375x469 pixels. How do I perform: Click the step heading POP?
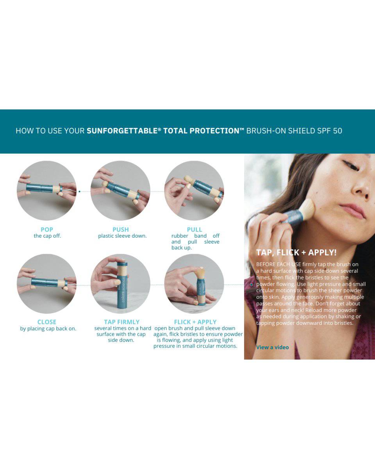click(x=47, y=229)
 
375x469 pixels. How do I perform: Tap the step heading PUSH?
click(x=120, y=229)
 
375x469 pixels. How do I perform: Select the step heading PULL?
click(x=195, y=229)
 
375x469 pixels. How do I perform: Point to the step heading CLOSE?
click(x=47, y=322)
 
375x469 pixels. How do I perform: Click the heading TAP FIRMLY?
click(x=121, y=322)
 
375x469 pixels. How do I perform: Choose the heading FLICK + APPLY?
click(x=195, y=322)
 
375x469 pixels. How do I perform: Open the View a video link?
click(x=272, y=347)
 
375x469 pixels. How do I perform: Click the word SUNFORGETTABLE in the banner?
click(x=122, y=131)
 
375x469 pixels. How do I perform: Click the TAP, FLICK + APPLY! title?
click(x=296, y=252)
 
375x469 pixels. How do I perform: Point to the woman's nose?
click(x=359, y=185)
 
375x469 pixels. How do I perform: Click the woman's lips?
click(x=353, y=209)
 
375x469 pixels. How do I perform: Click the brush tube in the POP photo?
click(x=44, y=189)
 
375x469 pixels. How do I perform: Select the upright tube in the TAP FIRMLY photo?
click(x=122, y=285)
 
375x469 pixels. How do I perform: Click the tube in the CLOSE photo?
click(x=49, y=283)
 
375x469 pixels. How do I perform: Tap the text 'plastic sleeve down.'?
click(x=122, y=236)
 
